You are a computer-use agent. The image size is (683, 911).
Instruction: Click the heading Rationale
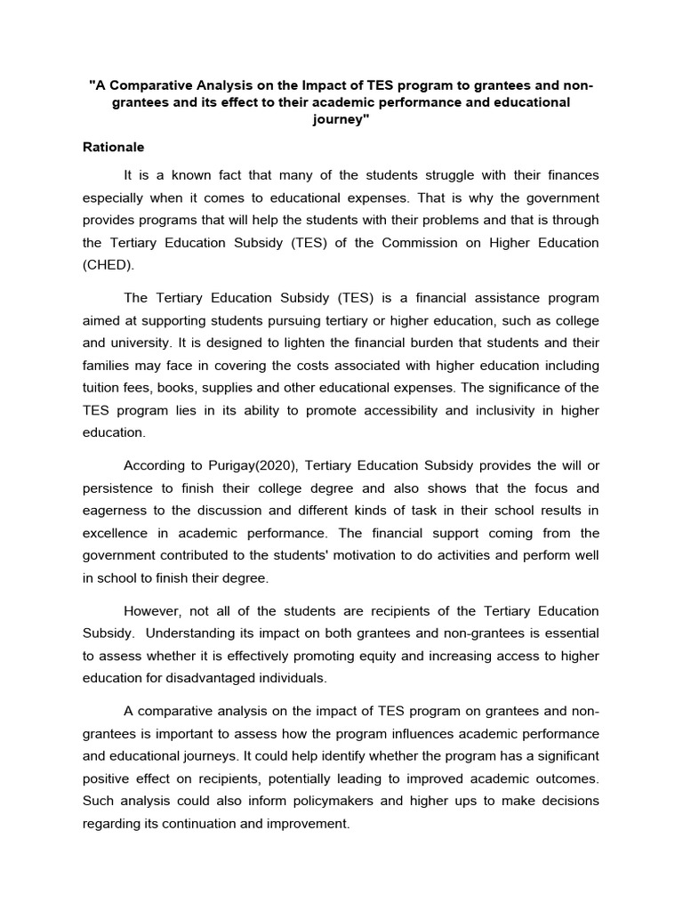(x=113, y=147)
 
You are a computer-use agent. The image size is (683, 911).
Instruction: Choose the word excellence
(x=120, y=533)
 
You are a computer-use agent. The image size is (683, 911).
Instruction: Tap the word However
(x=153, y=610)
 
